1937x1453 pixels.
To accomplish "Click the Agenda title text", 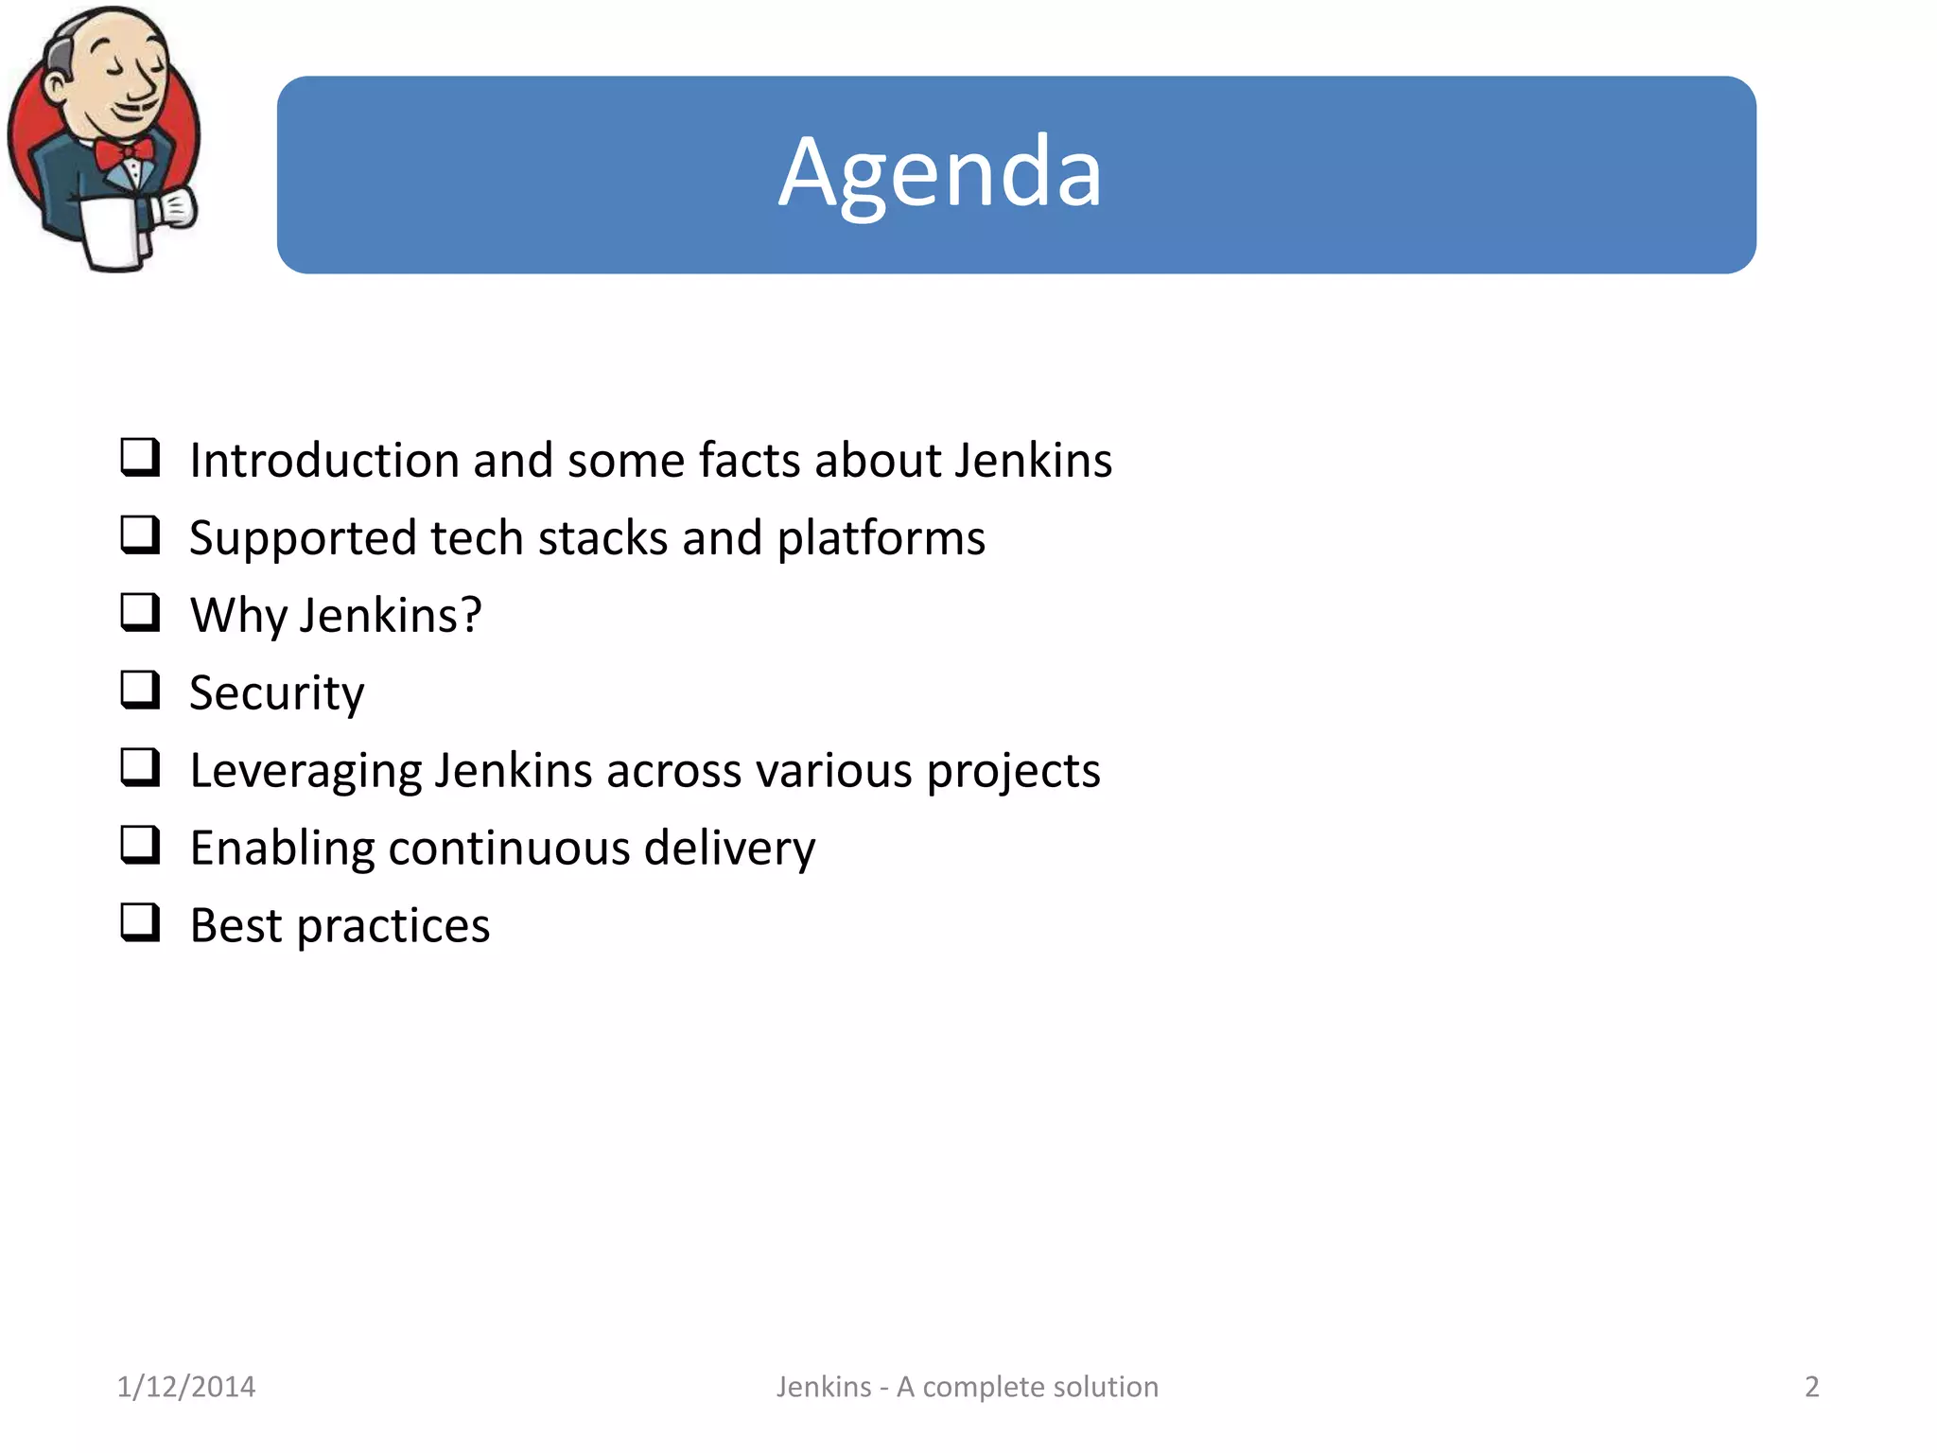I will tap(940, 173).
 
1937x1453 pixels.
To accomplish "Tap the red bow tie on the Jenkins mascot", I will tap(124, 152).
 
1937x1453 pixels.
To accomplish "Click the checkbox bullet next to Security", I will tap(140, 690).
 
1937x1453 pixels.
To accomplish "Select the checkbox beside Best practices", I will tap(140, 922).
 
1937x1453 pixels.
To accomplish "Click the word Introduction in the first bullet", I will tap(323, 461).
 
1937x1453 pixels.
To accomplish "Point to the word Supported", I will tap(303, 539).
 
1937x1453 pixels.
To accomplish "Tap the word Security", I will tap(276, 693).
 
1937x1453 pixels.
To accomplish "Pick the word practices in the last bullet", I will tap(393, 927).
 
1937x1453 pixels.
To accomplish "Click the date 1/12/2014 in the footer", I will tap(186, 1387).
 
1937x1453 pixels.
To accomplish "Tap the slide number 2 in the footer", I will tap(1811, 1387).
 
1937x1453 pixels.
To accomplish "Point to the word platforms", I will tap(881, 539).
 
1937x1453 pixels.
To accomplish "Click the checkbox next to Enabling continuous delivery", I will tap(140, 845).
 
